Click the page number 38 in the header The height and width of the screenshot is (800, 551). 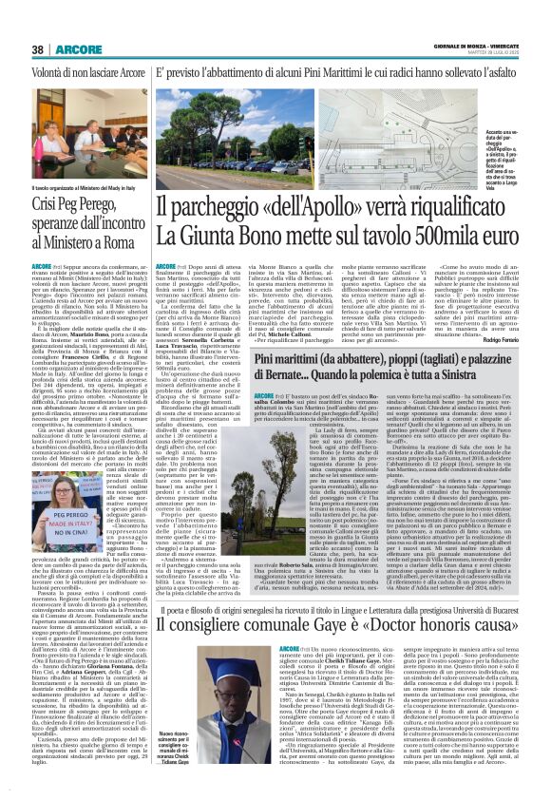37,22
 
